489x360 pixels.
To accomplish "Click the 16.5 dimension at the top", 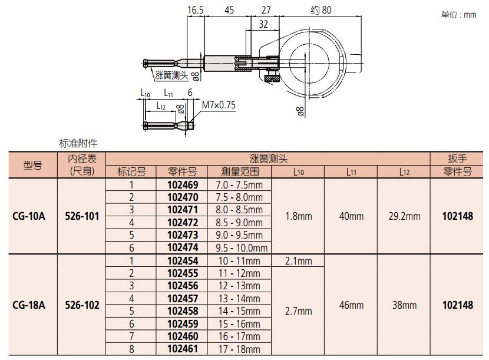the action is tap(195, 10).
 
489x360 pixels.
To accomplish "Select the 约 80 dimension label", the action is tap(321, 10).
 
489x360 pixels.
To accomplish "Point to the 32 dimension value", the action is tap(263, 24).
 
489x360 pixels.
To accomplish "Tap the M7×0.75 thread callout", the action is tap(219, 105).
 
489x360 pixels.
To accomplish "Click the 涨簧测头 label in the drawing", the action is tap(171, 75).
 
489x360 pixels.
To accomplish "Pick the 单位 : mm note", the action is tap(458, 15).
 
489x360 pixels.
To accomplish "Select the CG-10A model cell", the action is tap(29, 216).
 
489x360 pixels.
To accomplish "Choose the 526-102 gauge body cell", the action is tap(82, 305).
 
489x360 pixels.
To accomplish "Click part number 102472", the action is tap(183, 223).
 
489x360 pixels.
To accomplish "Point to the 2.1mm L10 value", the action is tap(299, 261).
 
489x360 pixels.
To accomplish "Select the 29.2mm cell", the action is tap(404, 216).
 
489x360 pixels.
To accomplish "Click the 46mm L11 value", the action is tap(351, 305).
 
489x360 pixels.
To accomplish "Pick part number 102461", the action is tap(183, 349).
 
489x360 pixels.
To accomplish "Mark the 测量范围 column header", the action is tap(240, 171).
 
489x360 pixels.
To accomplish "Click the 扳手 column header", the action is tap(457, 158).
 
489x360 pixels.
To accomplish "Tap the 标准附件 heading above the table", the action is tap(78, 143).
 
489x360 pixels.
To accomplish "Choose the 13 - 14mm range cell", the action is tap(239, 299).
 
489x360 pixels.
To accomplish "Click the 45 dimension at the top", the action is tap(229, 10).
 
